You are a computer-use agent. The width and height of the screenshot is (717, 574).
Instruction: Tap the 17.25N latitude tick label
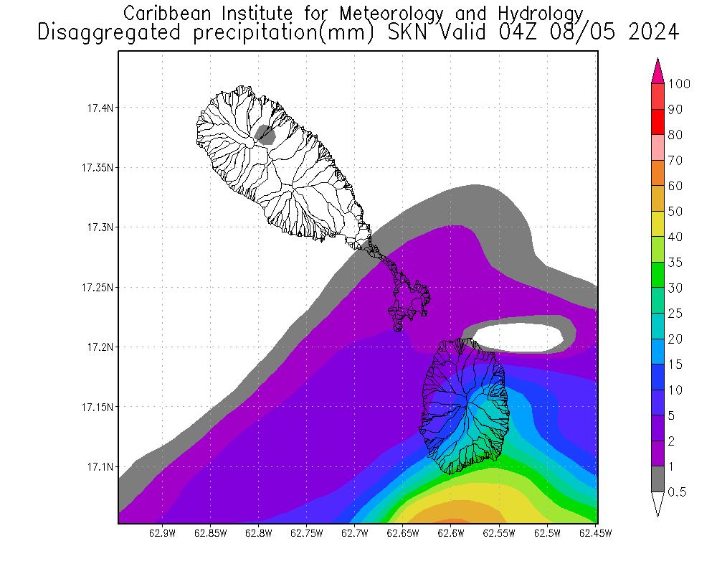pyautogui.click(x=97, y=288)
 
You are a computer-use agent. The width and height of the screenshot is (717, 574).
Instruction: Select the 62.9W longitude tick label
pyautogui.click(x=162, y=533)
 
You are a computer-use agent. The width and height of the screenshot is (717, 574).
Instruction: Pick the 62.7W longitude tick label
pyautogui.click(x=355, y=533)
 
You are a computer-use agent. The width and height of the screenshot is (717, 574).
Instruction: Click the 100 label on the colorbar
pyautogui.click(x=679, y=84)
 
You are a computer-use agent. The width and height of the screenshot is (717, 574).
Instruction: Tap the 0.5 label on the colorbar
pyautogui.click(x=678, y=492)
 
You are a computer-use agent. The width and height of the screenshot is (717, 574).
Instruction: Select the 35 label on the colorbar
pyautogui.click(x=675, y=263)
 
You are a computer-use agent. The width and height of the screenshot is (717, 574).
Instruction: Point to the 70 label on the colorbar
pyautogui.click(x=675, y=161)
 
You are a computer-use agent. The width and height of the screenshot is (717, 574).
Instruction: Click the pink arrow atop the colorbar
pyautogui.click(x=657, y=72)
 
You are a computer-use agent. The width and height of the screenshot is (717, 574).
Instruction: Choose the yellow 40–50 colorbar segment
pyautogui.click(x=657, y=224)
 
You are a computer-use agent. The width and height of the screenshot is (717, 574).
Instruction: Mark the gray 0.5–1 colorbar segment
pyautogui.click(x=657, y=479)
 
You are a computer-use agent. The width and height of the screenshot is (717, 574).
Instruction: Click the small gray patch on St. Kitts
pyautogui.click(x=266, y=134)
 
